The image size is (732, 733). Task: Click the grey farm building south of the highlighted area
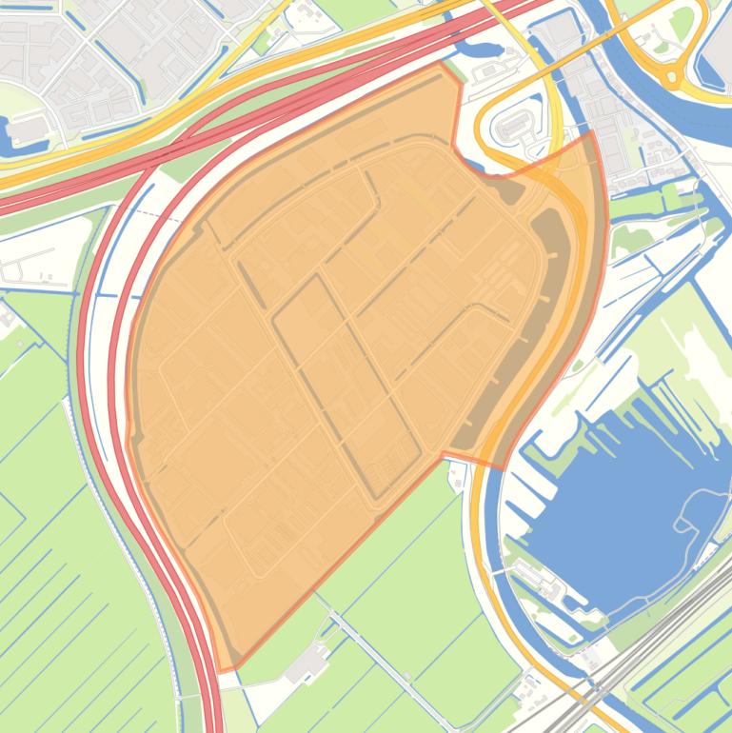tap(307, 665)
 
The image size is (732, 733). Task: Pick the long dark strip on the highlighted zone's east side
tap(533, 314)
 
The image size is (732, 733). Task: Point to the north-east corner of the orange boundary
tap(592, 132)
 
